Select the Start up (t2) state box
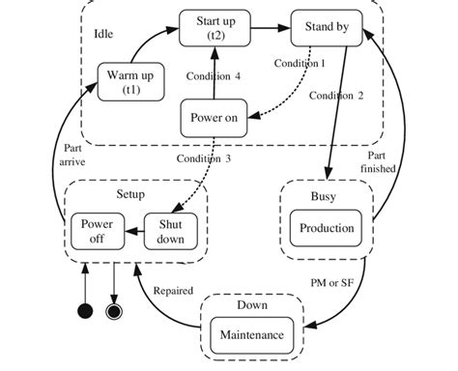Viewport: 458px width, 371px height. pos(215,26)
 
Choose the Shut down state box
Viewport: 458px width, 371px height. pos(170,229)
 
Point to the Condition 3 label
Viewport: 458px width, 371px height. pos(203,158)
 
